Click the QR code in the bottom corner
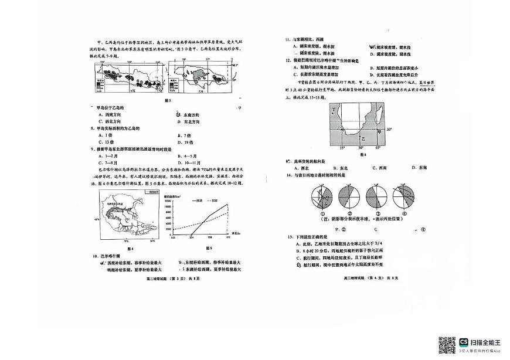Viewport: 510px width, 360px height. click(x=447, y=345)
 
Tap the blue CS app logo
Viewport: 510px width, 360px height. click(x=464, y=342)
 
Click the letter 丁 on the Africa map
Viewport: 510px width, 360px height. click(x=334, y=110)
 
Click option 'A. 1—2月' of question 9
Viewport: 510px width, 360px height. click(x=106, y=156)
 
